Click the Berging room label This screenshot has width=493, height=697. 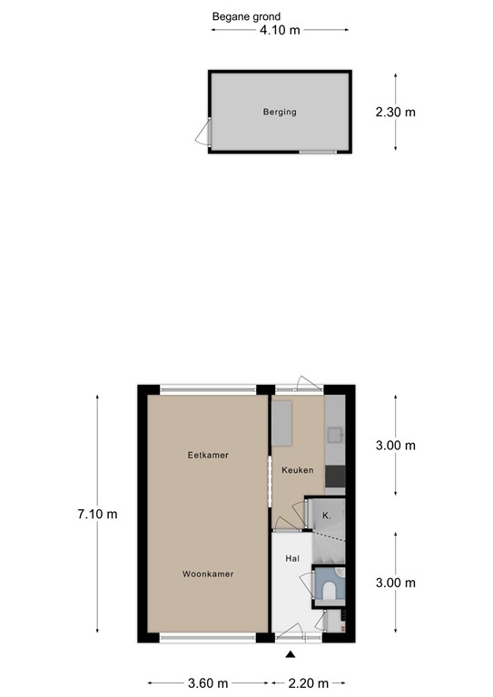click(281, 113)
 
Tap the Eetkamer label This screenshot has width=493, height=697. click(208, 456)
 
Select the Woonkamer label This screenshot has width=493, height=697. click(208, 574)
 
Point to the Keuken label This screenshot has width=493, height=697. click(297, 470)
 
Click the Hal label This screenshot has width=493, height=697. click(292, 559)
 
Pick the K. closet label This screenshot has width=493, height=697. click(325, 515)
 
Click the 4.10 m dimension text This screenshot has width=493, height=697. click(281, 30)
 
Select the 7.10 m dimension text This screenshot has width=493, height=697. click(97, 514)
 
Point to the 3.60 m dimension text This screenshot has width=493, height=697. click(209, 682)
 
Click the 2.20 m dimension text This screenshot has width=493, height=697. click(310, 682)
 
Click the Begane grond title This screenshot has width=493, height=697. click(246, 16)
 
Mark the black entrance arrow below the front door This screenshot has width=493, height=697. click(291, 654)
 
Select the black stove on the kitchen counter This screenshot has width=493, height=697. click(335, 476)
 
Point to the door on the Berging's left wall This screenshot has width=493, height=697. click(202, 136)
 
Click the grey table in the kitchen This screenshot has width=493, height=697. click(283, 423)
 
